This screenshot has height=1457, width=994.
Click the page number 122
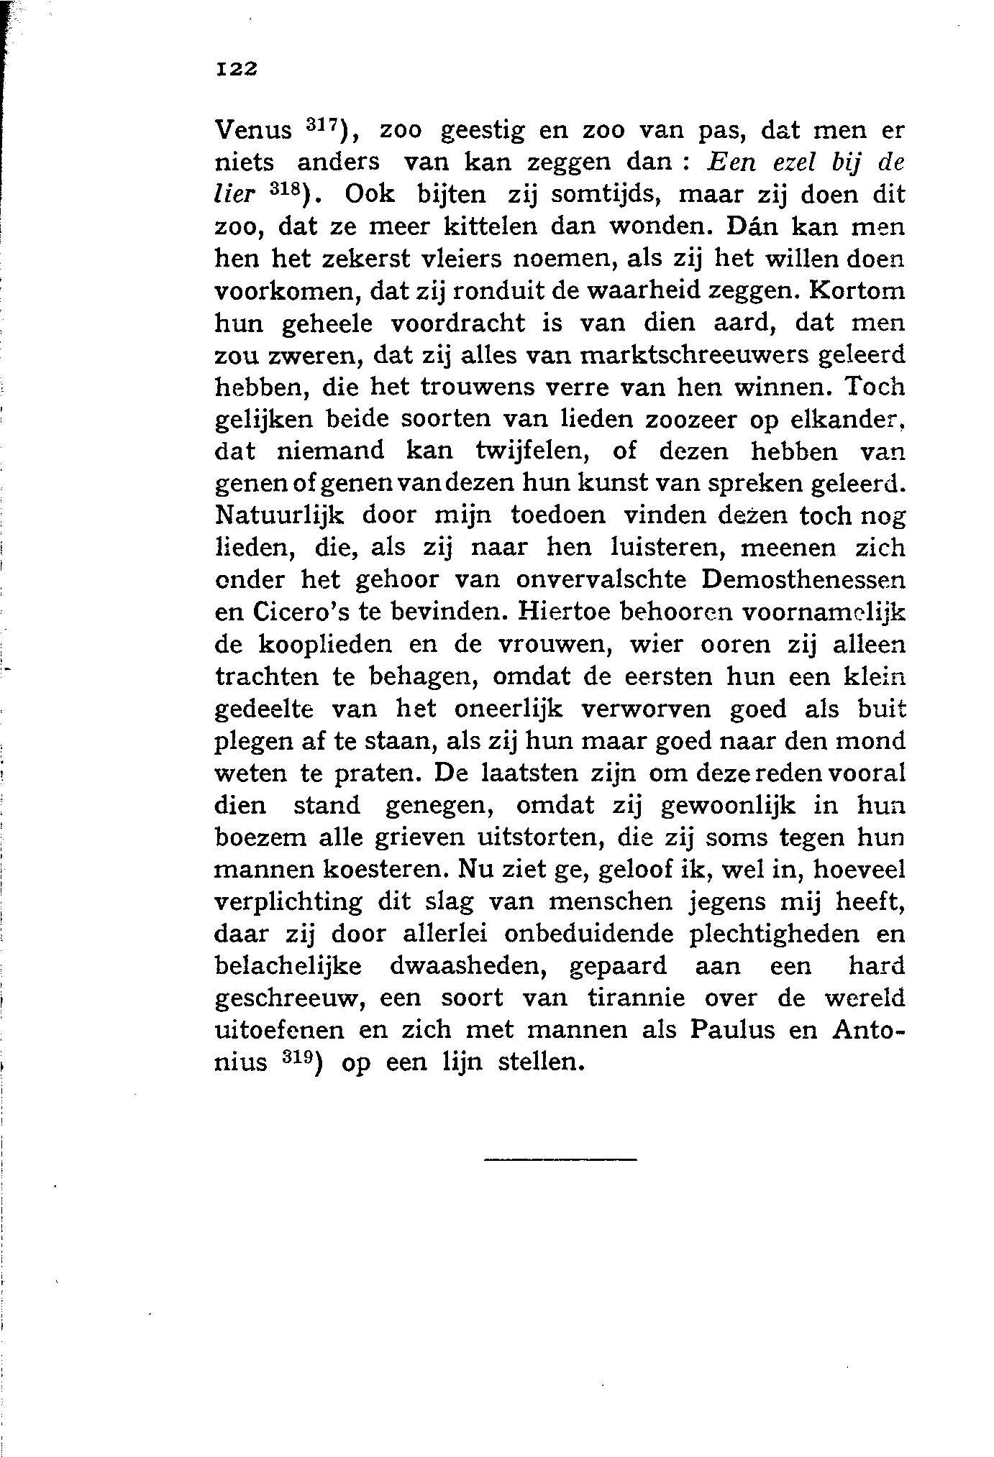point(236,69)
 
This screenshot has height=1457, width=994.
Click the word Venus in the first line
point(254,132)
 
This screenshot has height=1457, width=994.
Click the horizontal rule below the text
point(560,1159)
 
